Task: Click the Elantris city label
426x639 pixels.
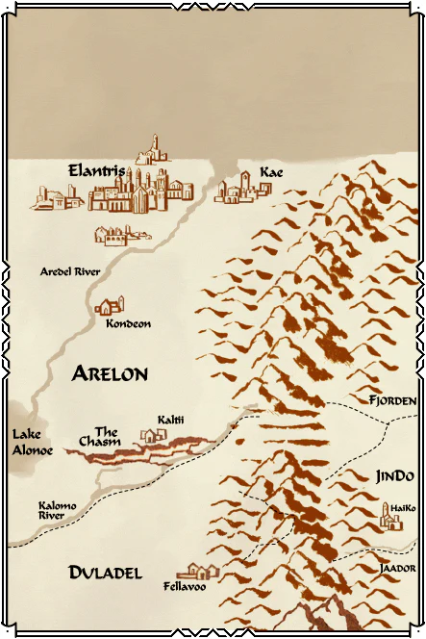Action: (x=96, y=170)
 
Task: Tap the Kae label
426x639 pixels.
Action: (x=271, y=172)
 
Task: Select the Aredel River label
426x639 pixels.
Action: (x=70, y=272)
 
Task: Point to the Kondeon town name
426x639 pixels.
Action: (x=128, y=324)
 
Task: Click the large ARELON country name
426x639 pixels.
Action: (x=109, y=374)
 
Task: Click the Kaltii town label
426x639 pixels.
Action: (x=171, y=421)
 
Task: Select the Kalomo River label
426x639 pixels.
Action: (x=51, y=510)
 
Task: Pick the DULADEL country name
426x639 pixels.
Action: (x=106, y=573)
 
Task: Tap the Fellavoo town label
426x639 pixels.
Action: (x=185, y=586)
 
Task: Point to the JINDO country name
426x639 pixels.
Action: (x=394, y=476)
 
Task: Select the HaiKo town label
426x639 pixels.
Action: (x=403, y=507)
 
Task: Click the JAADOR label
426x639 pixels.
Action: (x=397, y=568)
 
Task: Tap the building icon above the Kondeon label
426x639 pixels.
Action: (x=109, y=306)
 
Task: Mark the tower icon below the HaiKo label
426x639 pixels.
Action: (x=391, y=521)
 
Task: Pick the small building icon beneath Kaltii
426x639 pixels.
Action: (x=154, y=436)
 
